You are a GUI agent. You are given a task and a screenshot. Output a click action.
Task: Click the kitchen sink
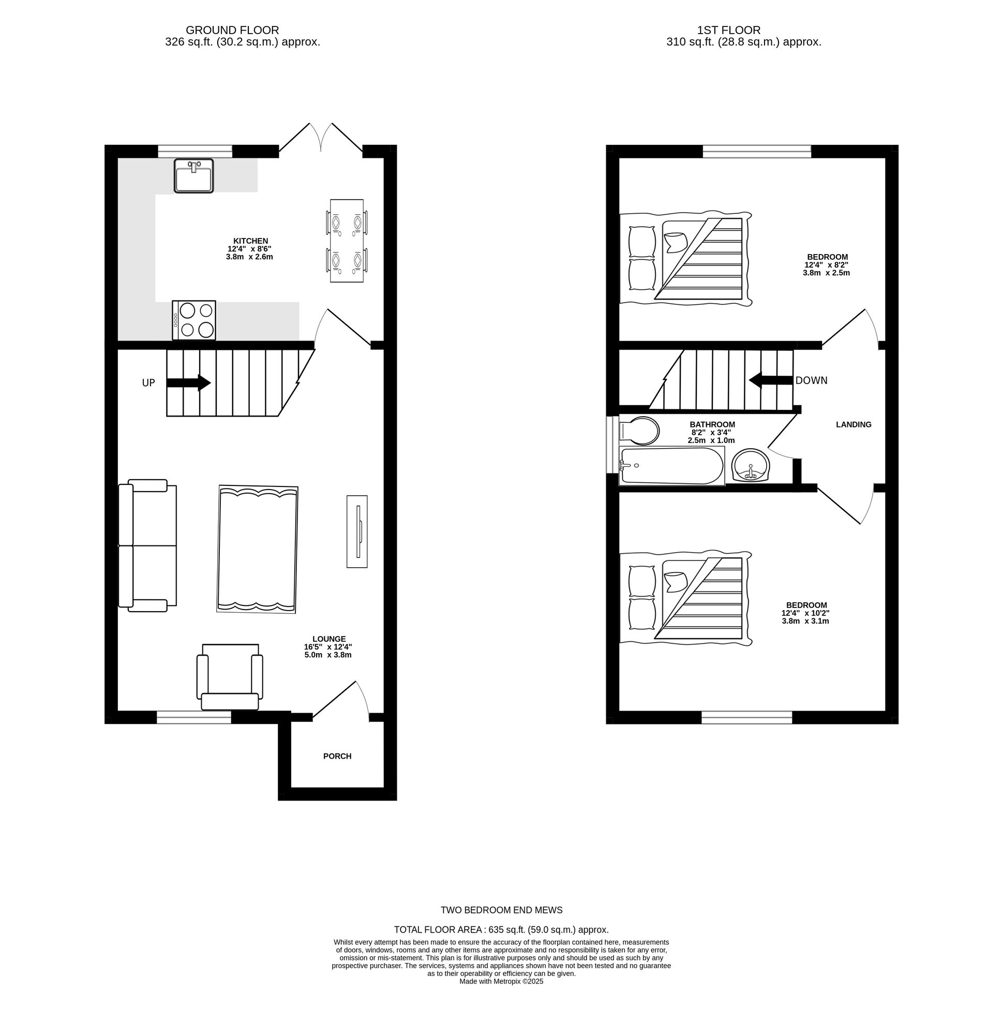click(194, 176)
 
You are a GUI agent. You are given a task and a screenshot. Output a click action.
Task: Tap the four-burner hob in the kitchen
click(194, 320)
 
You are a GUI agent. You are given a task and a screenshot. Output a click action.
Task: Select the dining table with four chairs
click(347, 240)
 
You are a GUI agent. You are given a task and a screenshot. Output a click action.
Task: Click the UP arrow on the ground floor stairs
click(188, 383)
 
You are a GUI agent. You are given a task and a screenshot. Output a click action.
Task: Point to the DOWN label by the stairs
click(812, 380)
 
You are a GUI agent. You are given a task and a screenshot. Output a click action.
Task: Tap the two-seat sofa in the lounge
click(147, 545)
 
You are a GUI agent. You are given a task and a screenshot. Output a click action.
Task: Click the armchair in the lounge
click(230, 677)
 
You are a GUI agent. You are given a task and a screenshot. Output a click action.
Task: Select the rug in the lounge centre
click(258, 549)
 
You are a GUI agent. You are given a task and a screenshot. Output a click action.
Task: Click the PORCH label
click(337, 756)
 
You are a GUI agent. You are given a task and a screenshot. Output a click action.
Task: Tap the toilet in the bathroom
click(639, 431)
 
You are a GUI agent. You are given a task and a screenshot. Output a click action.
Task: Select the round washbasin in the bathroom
click(751, 465)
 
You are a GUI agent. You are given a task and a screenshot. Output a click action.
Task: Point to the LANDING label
click(854, 424)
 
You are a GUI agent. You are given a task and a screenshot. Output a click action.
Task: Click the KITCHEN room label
click(251, 241)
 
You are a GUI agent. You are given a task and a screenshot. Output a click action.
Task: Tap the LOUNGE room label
click(329, 639)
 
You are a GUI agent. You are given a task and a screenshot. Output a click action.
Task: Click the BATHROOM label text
click(712, 424)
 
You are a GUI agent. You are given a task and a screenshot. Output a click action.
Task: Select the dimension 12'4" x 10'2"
click(805, 613)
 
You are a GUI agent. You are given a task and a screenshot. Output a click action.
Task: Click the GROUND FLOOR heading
click(232, 31)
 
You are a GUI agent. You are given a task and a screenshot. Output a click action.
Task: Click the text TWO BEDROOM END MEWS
click(502, 910)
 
